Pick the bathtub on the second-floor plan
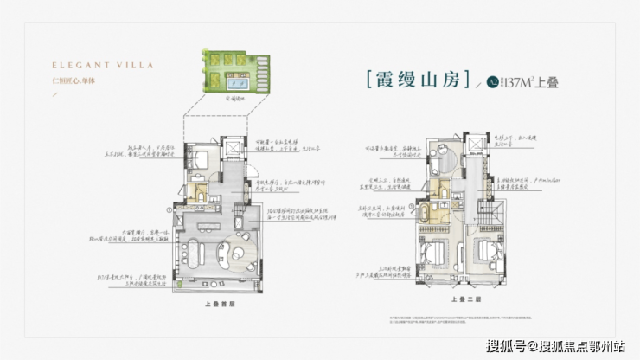coord(428,213)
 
